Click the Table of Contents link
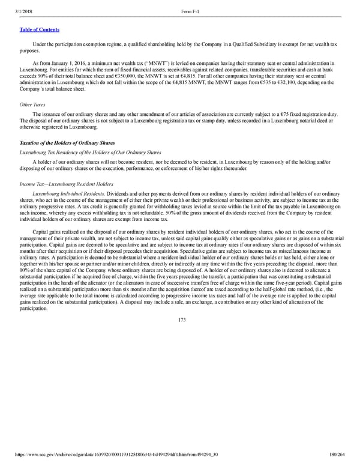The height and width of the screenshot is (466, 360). click(34, 29)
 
